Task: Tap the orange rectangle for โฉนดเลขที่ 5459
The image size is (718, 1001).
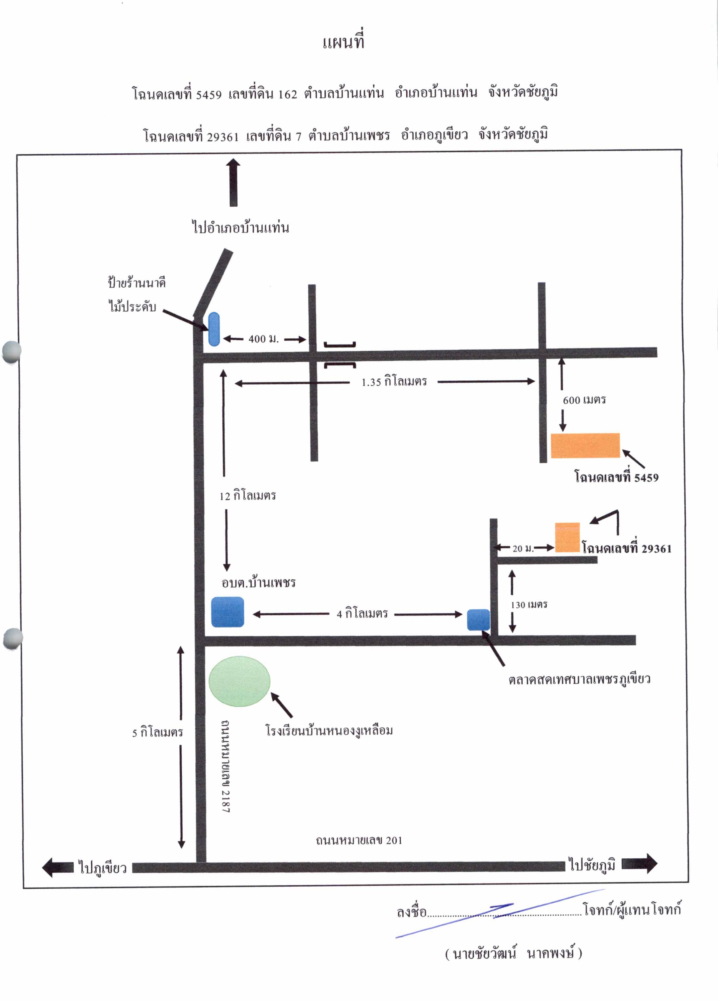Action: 585,445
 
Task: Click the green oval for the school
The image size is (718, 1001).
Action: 239,681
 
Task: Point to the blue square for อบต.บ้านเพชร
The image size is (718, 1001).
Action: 227,612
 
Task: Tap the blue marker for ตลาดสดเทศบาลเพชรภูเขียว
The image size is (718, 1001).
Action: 479,620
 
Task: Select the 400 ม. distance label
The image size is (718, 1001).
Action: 264,339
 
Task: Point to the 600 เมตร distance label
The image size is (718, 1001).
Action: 584,400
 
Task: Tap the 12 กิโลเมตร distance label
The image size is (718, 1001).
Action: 248,496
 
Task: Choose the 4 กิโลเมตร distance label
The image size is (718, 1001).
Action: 362,613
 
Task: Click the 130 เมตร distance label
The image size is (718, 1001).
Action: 529,604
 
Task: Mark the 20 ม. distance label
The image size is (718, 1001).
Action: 523,548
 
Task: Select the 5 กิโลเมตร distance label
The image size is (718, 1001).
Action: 158,732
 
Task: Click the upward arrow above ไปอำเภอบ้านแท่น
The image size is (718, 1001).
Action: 234,183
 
